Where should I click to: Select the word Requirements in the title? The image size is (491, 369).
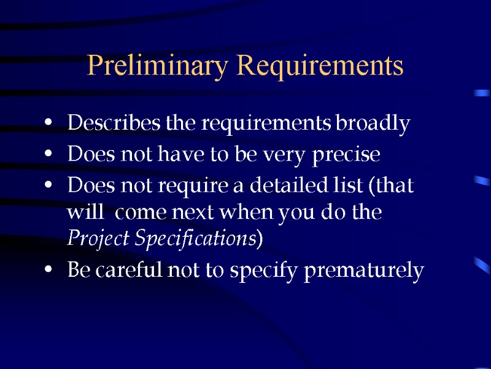point(320,66)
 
